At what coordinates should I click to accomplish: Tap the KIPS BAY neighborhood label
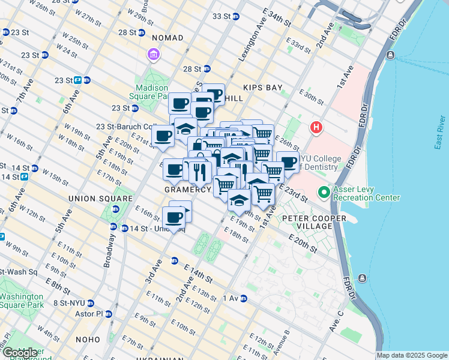pyautogui.click(x=262, y=88)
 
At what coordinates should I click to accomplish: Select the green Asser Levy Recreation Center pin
pyautogui.click(x=324, y=193)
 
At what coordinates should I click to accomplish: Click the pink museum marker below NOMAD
pyautogui.click(x=154, y=56)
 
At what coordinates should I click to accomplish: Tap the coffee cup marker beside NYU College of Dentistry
pyautogui.click(x=288, y=162)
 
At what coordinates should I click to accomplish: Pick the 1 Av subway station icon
pyautogui.click(x=243, y=298)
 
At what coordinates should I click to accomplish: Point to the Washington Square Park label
pyautogui.click(x=22, y=301)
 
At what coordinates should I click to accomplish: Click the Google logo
pyautogui.click(x=19, y=353)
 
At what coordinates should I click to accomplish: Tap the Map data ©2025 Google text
pyautogui.click(x=412, y=355)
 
